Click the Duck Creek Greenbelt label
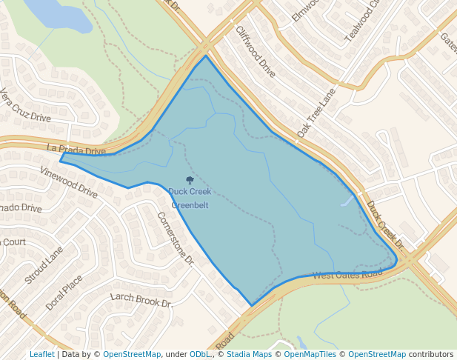(x=190, y=199)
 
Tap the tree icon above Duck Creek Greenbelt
(x=190, y=180)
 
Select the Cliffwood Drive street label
(x=256, y=52)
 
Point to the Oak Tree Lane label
(x=316, y=113)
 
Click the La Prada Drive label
(x=76, y=150)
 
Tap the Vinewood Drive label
(x=70, y=182)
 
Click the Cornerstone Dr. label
(x=176, y=239)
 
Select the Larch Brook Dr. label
(x=141, y=300)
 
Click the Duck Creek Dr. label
(x=386, y=225)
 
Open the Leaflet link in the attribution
(x=41, y=354)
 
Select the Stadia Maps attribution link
(x=252, y=354)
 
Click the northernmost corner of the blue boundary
(x=205, y=56)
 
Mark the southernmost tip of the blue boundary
(x=251, y=305)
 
